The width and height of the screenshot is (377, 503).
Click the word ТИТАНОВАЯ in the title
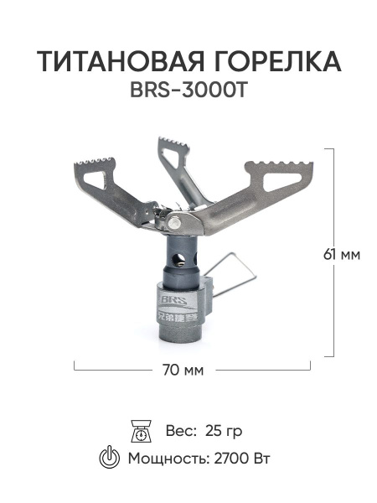pyautogui.click(x=121, y=61)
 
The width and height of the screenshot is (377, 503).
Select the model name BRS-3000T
pyautogui.click(x=188, y=91)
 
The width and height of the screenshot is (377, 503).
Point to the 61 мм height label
pyautogui.click(x=342, y=255)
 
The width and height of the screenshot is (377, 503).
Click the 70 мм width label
pyautogui.click(x=183, y=371)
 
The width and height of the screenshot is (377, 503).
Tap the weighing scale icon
pyautogui.click(x=142, y=431)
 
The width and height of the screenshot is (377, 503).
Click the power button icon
pyautogui.click(x=110, y=458)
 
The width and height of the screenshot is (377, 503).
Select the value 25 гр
pyautogui.click(x=224, y=431)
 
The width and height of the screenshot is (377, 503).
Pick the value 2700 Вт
pyautogui.click(x=242, y=459)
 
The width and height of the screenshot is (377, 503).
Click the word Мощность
pyautogui.click(x=168, y=459)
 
